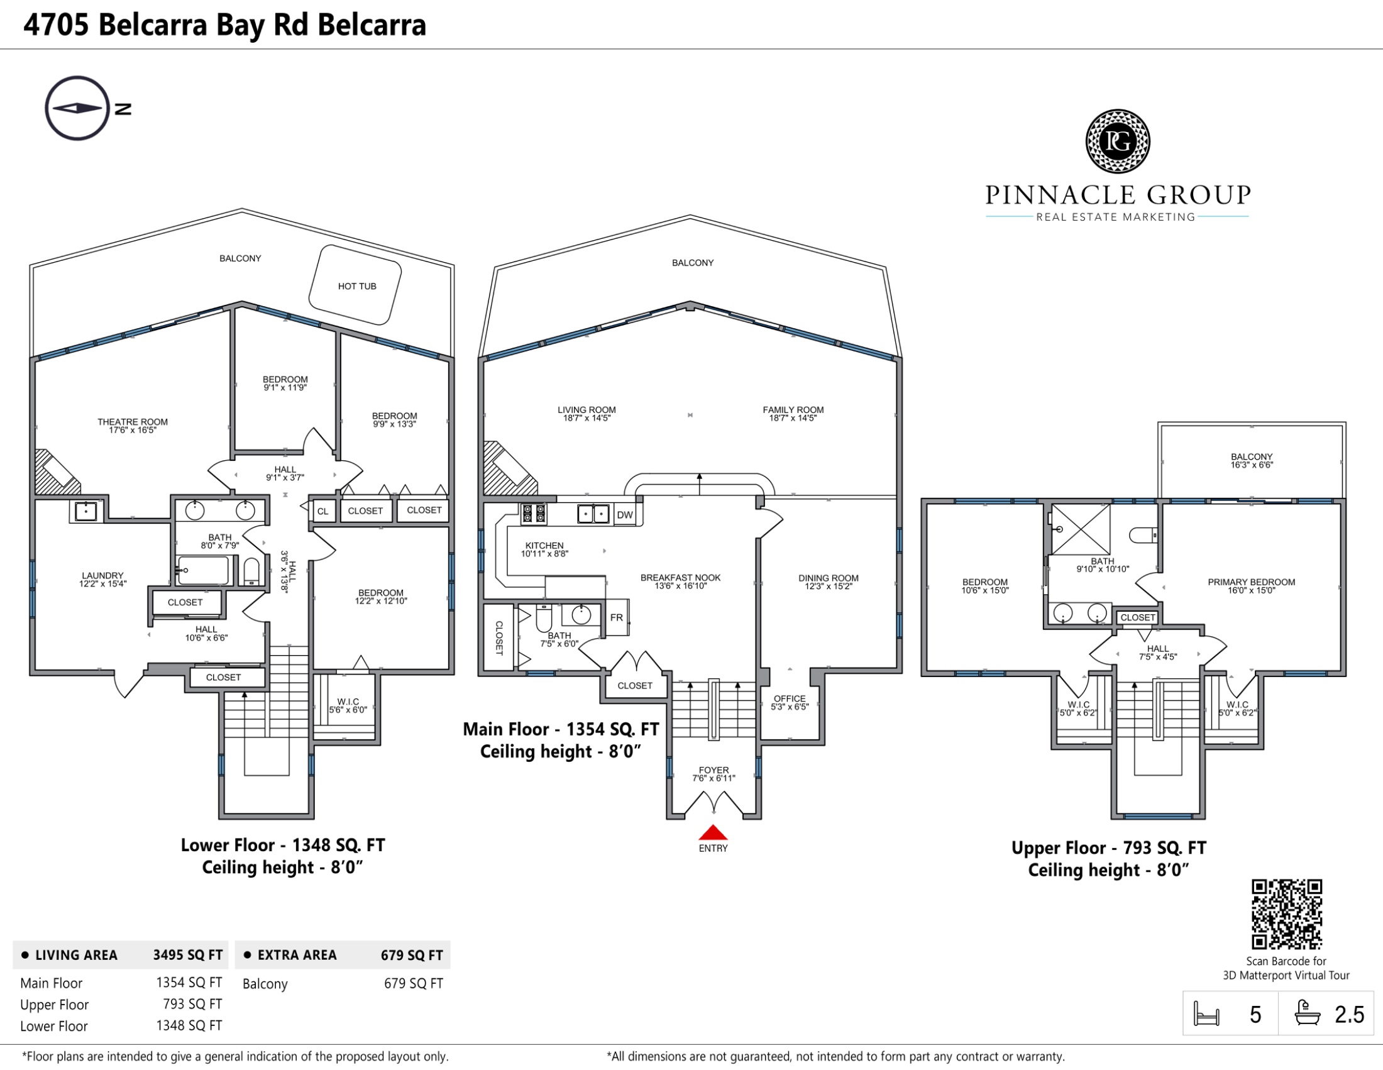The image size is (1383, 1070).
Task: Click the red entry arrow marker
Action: (x=713, y=832)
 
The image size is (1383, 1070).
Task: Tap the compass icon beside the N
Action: (x=77, y=108)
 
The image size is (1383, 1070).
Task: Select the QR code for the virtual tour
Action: (x=1287, y=914)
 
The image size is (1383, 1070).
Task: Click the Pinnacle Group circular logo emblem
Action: (x=1118, y=141)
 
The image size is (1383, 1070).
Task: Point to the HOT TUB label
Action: (x=357, y=286)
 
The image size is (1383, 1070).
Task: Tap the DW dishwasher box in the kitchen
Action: (x=625, y=515)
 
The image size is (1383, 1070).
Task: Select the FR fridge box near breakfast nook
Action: (x=617, y=617)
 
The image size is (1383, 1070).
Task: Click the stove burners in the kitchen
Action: (x=534, y=514)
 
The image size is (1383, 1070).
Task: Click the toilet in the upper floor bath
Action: (x=1143, y=536)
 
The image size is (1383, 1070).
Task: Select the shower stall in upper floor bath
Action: (x=1080, y=530)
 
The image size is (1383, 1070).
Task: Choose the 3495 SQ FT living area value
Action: (x=187, y=955)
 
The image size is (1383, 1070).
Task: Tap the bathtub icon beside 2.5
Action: (x=1308, y=1013)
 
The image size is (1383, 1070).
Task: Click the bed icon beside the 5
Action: (x=1206, y=1013)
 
